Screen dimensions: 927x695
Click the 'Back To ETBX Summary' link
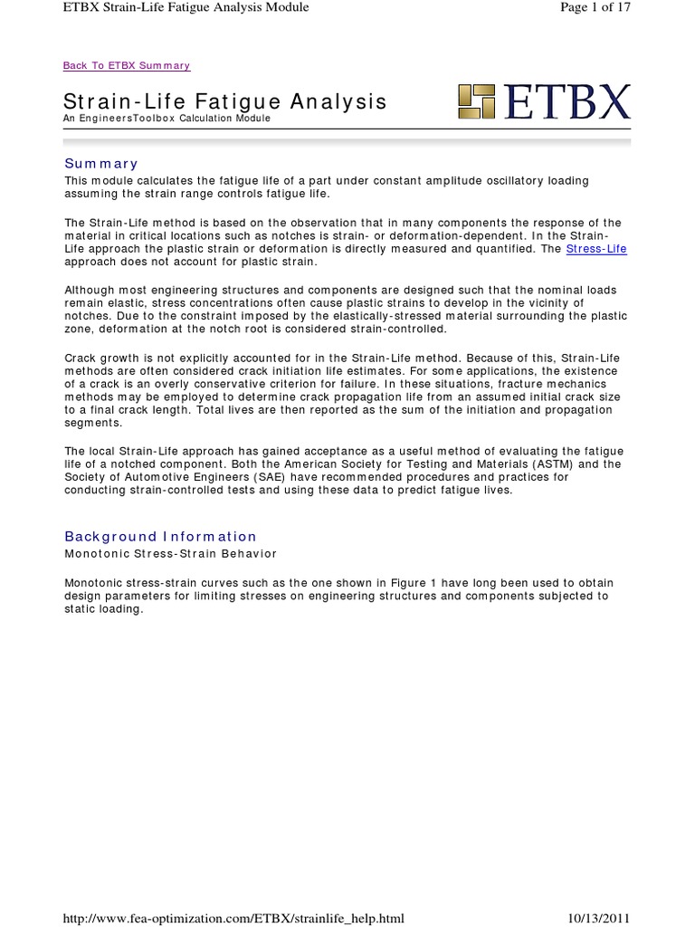coord(127,66)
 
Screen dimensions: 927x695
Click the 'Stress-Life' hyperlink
coord(595,249)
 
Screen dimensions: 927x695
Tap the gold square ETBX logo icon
coord(476,102)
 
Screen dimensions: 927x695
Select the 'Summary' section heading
coord(100,164)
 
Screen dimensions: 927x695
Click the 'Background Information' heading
coord(160,537)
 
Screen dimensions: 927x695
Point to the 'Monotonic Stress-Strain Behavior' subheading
coord(170,553)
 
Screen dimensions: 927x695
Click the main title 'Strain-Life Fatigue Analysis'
coord(225,102)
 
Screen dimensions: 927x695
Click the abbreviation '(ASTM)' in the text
coord(565,464)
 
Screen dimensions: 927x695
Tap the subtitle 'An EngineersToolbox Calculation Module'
coord(167,119)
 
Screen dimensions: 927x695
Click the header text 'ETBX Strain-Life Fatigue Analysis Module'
coord(186,7)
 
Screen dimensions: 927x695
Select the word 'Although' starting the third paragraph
coord(89,289)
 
